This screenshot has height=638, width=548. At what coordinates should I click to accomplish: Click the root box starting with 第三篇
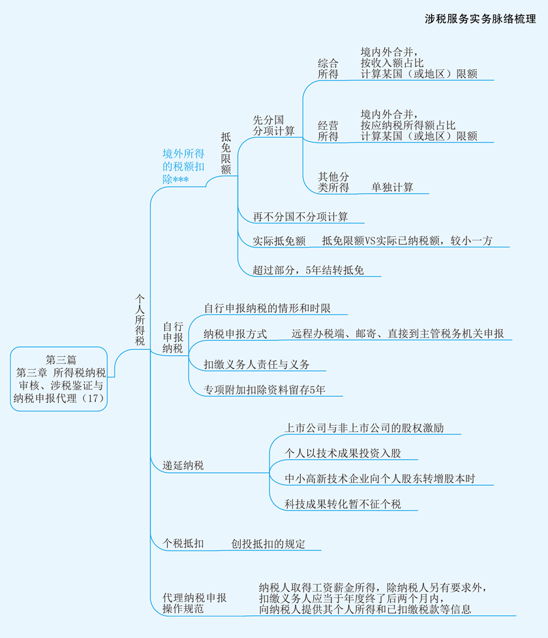(x=61, y=378)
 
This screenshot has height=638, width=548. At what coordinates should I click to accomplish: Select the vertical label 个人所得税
(x=140, y=319)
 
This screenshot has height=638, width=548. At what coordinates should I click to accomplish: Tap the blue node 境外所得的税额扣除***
(x=183, y=166)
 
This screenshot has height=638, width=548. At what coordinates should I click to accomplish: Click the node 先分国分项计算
(x=273, y=125)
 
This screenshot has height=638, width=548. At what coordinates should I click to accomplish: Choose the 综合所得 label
(x=328, y=69)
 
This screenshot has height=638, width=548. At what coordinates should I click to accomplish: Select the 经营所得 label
(x=328, y=131)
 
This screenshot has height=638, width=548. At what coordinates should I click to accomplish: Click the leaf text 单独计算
(x=392, y=187)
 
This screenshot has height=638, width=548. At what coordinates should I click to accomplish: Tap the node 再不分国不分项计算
(x=301, y=217)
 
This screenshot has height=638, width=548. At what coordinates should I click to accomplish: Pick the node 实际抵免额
(x=279, y=241)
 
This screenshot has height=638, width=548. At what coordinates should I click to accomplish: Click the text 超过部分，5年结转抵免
(x=308, y=269)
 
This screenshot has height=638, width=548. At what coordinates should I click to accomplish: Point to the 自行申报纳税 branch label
(x=173, y=337)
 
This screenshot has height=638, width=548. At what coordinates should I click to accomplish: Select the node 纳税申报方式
(x=235, y=334)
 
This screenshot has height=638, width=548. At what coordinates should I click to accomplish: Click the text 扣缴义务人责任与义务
(x=256, y=364)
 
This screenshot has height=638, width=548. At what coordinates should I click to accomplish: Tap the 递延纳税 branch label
(x=183, y=466)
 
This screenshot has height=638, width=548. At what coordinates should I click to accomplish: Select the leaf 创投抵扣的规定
(x=268, y=543)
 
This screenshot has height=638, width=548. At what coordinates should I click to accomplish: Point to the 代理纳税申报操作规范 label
(x=194, y=603)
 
